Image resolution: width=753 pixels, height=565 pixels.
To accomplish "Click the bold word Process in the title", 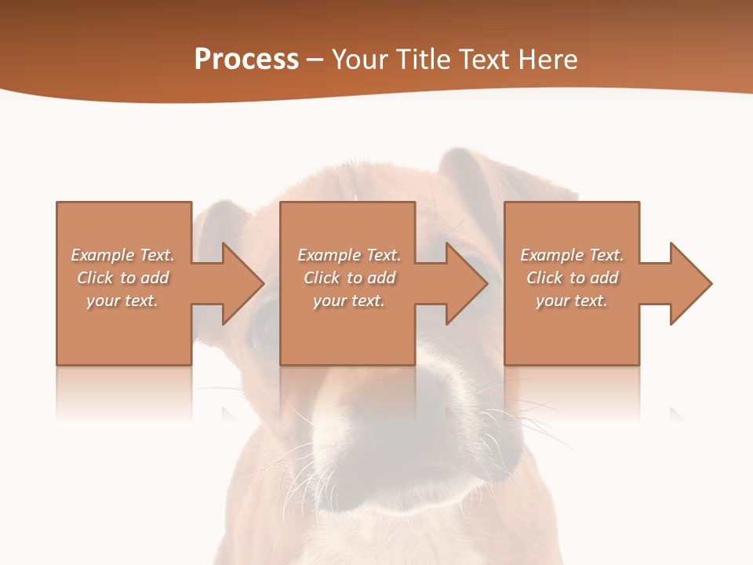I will click(x=246, y=59).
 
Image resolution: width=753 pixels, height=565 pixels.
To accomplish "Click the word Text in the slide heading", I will click(x=484, y=59).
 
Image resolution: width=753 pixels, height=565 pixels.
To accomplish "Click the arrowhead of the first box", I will click(x=240, y=283).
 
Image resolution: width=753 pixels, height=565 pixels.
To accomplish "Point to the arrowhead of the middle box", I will click(x=464, y=283).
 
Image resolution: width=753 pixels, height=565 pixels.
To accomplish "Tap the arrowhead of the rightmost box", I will click(x=689, y=283).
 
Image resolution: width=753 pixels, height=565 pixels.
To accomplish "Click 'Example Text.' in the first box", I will click(x=122, y=255).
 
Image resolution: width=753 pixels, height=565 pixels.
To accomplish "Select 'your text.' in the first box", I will click(x=122, y=301).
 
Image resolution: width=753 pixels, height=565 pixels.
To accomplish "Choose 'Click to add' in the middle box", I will click(x=349, y=278).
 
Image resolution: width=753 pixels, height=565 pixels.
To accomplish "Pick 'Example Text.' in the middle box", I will click(x=349, y=255).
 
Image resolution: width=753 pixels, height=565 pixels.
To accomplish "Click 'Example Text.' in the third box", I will click(x=572, y=255).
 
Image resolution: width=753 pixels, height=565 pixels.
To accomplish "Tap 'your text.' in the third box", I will click(x=572, y=301).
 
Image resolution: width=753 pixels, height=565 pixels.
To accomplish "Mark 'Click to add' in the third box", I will click(x=572, y=278).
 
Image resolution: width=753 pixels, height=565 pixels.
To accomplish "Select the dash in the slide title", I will click(x=315, y=60).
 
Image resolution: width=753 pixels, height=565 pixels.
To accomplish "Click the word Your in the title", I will click(x=360, y=59).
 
